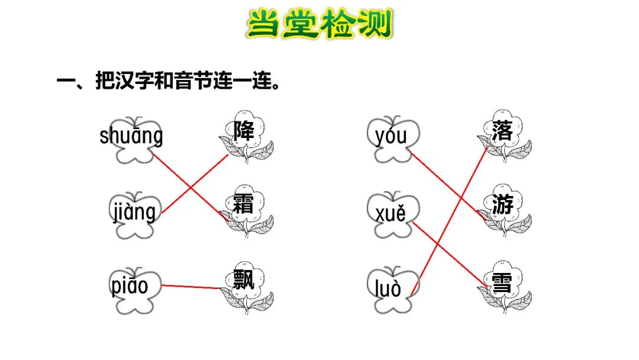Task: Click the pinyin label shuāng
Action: pos(131,137)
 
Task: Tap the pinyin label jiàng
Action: pos(134,211)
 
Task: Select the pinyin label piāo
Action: pos(130,287)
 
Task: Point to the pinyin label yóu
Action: pos(390,137)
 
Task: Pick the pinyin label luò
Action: pos(388,288)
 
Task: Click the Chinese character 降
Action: pos(244,130)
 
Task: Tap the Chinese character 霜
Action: pos(244,205)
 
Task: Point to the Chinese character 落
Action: pos(502,130)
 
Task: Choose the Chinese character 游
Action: pos(502,205)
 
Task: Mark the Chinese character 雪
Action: pos(501,279)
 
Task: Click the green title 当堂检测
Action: pos(319,25)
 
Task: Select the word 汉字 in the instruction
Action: pos(127,82)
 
